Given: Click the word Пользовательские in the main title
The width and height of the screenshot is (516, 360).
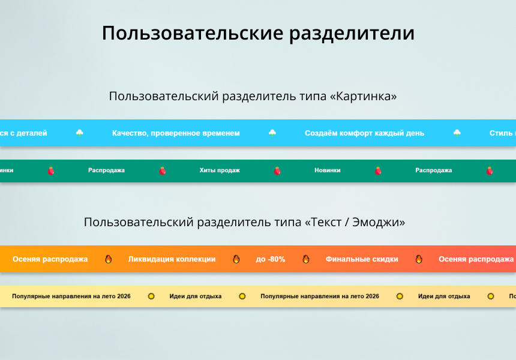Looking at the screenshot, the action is pyautogui.click(x=193, y=33).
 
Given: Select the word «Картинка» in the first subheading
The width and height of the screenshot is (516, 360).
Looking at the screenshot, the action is pyautogui.click(x=363, y=96).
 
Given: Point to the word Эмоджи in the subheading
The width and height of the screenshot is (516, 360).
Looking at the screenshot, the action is pyautogui.click(x=379, y=223).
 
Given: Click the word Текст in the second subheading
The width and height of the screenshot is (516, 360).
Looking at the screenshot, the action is pyautogui.click(x=324, y=223).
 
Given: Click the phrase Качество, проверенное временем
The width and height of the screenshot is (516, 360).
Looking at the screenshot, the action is pyautogui.click(x=176, y=133).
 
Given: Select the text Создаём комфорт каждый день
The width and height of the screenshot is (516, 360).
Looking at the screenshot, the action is pyautogui.click(x=364, y=133).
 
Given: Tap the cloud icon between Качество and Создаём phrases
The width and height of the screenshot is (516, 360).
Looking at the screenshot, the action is pyautogui.click(x=272, y=133).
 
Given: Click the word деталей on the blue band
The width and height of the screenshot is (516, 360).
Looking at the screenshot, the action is pyautogui.click(x=32, y=133).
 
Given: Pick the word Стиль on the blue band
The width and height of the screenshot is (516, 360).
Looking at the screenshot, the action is pyautogui.click(x=500, y=133).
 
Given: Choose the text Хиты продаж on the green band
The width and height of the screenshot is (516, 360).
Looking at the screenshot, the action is pyautogui.click(x=220, y=170).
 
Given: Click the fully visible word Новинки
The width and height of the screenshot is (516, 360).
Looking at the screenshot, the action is pyautogui.click(x=327, y=170).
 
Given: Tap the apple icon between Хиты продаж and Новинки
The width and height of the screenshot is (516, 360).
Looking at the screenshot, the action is pyautogui.click(x=277, y=170).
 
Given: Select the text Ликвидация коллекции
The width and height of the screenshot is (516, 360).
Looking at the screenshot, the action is pyautogui.click(x=172, y=259).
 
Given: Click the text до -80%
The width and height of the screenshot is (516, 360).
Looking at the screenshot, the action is pyautogui.click(x=271, y=259).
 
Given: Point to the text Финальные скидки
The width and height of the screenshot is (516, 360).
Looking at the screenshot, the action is pyautogui.click(x=362, y=259).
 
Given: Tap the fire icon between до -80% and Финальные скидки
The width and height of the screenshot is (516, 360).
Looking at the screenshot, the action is pyautogui.click(x=306, y=259).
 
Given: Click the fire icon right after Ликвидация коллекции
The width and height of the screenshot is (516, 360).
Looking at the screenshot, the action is pyautogui.click(x=236, y=259).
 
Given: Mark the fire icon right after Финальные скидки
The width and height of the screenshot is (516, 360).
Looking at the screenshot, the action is pyautogui.click(x=419, y=259).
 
